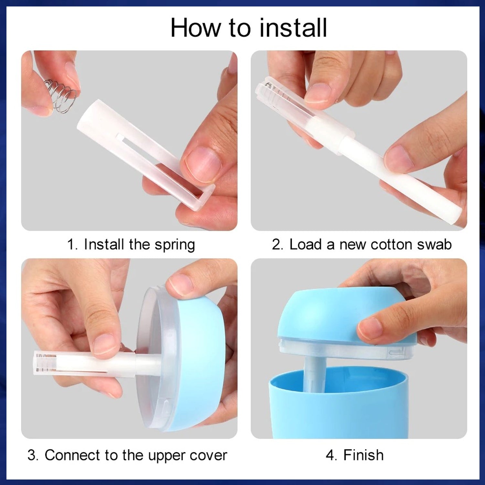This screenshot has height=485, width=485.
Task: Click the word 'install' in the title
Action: pyautogui.click(x=293, y=28)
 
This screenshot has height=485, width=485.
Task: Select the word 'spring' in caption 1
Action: pyautogui.click(x=175, y=245)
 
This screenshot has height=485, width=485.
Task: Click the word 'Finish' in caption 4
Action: pyautogui.click(x=363, y=455)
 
